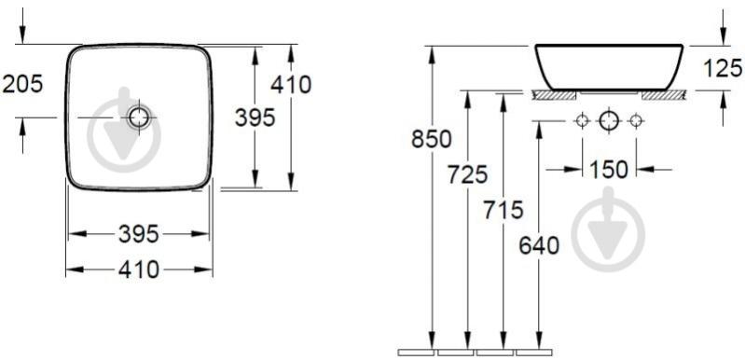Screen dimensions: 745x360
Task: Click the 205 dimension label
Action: coord(22,84)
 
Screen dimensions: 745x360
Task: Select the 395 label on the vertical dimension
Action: coord(255,118)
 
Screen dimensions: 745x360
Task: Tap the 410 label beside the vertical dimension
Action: coord(291,85)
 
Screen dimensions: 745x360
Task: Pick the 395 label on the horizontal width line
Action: coord(138,234)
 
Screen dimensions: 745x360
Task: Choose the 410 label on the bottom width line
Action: coord(139,270)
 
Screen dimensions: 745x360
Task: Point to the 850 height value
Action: coord(432,139)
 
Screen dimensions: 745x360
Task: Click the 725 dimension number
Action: coord(467,174)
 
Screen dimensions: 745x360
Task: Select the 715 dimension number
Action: coord(504,211)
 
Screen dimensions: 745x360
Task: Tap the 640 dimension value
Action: coord(539,246)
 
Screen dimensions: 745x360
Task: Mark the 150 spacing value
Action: coord(609,170)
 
